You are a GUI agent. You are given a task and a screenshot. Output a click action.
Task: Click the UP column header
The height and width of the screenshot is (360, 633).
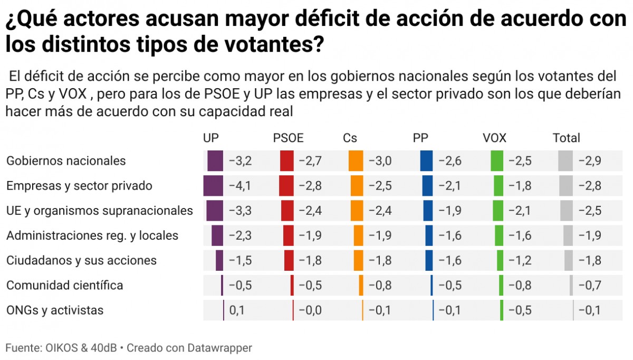pyautogui.click(x=210, y=138)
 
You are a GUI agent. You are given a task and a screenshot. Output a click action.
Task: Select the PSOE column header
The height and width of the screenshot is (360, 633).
pyautogui.click(x=288, y=138)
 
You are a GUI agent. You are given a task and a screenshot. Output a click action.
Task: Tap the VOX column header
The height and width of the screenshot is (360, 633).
pyautogui.click(x=494, y=138)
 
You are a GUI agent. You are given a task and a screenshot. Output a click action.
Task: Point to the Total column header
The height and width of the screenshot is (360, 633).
pyautogui.click(x=566, y=138)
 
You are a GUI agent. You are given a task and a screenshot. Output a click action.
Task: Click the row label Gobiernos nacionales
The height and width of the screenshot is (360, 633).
pyautogui.click(x=66, y=161)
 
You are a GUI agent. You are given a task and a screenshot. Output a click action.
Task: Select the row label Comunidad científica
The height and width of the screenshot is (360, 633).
pyautogui.click(x=64, y=286)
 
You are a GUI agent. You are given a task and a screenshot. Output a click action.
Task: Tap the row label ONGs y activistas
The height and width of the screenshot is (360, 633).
pyautogui.click(x=55, y=310)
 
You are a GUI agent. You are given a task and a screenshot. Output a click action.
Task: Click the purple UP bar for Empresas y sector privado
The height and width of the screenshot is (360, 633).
pyautogui.click(x=214, y=186)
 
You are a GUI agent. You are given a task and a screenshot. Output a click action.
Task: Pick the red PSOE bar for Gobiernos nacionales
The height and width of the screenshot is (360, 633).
pyautogui.click(x=286, y=161)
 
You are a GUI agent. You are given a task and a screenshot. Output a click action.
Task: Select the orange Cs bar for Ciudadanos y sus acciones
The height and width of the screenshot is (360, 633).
pyautogui.click(x=358, y=260)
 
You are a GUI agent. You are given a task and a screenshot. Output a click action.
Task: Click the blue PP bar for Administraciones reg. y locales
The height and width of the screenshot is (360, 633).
pyautogui.click(x=429, y=235)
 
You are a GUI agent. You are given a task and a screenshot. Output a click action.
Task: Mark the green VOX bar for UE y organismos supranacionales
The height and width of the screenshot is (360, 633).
pyautogui.click(x=498, y=211)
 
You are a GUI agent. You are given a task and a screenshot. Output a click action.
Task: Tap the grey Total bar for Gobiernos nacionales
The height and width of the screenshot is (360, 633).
pyautogui.click(x=565, y=161)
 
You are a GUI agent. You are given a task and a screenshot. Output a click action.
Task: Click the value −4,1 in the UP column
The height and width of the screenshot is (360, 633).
pyautogui.click(x=240, y=186)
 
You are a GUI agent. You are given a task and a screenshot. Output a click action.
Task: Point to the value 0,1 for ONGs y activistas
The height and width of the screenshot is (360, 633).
pyautogui.click(x=237, y=310)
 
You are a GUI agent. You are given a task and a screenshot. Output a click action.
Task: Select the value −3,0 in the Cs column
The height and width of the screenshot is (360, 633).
pyautogui.click(x=379, y=161)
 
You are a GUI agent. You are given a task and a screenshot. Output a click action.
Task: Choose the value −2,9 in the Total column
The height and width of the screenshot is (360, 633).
pyautogui.click(x=589, y=161)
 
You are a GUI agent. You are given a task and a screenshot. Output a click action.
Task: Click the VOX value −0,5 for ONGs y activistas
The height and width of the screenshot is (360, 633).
pyautogui.click(x=520, y=310)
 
